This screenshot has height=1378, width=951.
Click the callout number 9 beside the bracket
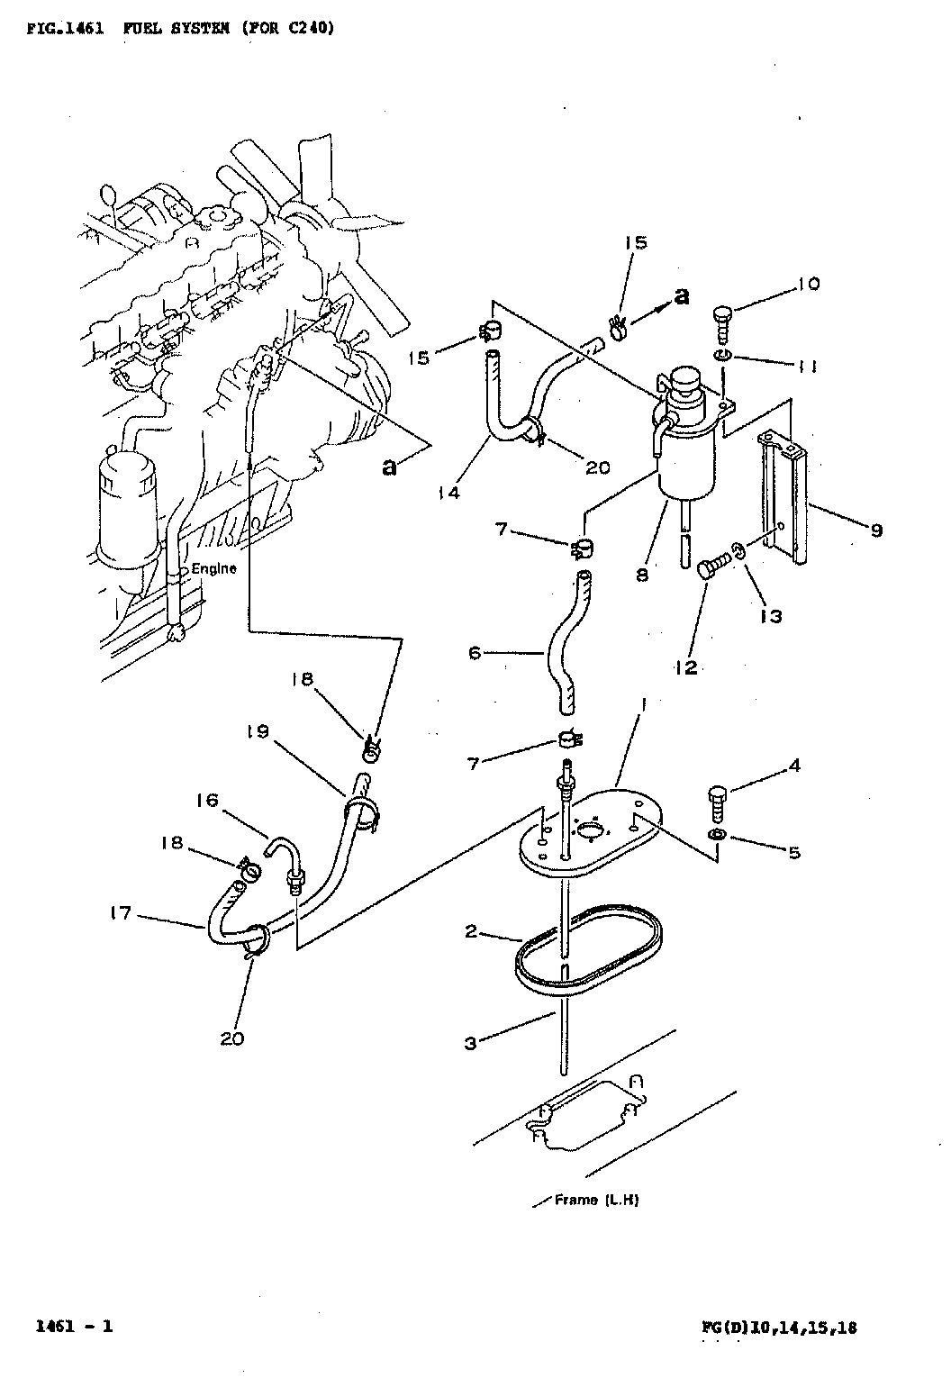(876, 530)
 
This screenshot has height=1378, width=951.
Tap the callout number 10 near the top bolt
(809, 284)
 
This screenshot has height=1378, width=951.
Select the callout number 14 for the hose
(449, 493)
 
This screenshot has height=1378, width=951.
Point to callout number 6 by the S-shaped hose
(475, 652)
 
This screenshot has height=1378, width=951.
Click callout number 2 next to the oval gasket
(471, 931)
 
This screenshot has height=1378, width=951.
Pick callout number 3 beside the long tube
(471, 1043)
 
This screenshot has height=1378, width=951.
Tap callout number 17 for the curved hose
(121, 913)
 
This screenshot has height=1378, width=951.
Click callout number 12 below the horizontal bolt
(686, 667)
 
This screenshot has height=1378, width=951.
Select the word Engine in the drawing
(213, 567)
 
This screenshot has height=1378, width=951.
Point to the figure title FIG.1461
(65, 28)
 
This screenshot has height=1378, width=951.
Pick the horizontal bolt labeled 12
(713, 564)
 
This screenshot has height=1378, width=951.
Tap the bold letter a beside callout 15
(681, 296)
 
